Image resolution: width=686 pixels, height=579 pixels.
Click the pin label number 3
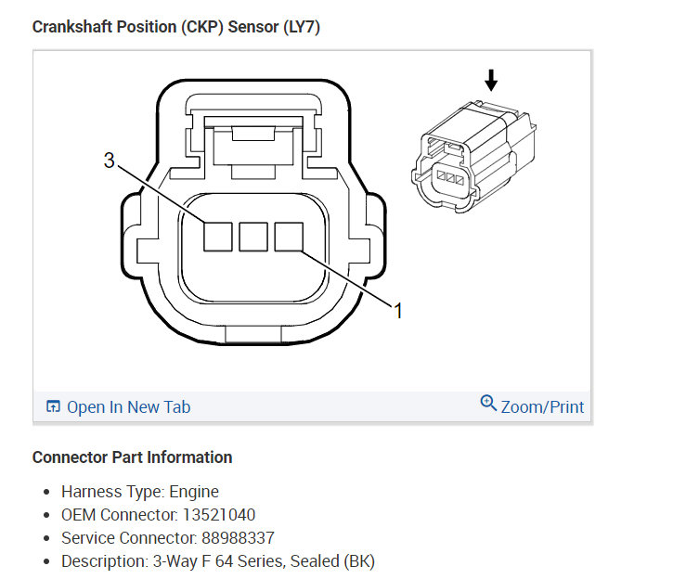[109, 161]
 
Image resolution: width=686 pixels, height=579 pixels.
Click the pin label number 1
[398, 311]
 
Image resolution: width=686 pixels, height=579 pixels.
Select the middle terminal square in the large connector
[253, 238]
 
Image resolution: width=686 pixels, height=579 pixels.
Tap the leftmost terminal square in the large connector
[218, 238]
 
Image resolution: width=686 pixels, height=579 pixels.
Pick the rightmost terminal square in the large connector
[289, 238]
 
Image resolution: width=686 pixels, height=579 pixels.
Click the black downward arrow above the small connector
[491, 81]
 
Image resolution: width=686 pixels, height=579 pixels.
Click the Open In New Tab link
[128, 407]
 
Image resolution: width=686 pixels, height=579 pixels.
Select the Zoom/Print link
[542, 407]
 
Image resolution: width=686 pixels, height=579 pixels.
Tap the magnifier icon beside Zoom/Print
[488, 405]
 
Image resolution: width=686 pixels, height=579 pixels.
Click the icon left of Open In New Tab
[53, 407]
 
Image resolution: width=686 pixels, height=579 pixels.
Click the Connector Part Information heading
[132, 457]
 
